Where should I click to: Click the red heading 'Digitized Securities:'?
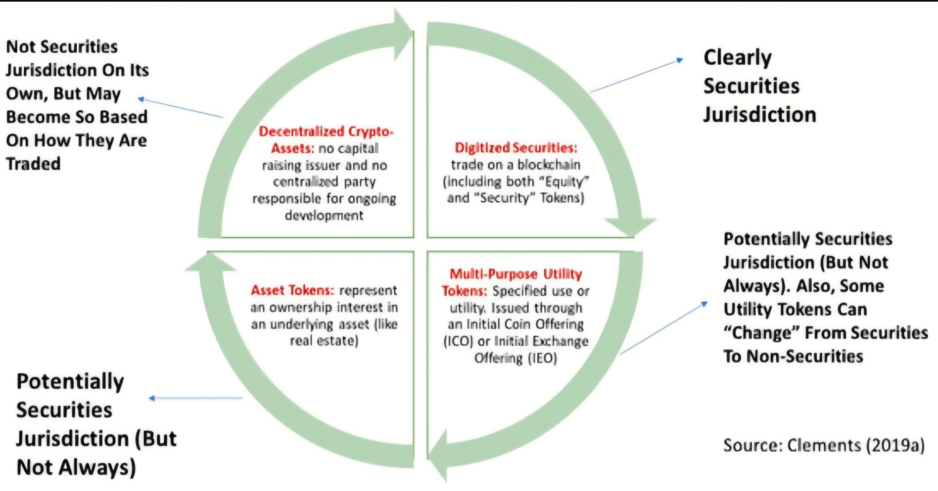516,148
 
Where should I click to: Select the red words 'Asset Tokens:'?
292,290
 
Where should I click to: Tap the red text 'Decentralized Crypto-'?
326,132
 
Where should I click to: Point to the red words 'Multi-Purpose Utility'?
515,274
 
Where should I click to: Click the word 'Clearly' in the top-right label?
737,58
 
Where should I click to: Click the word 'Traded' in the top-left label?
33,164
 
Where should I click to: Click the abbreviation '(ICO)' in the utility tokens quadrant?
458,342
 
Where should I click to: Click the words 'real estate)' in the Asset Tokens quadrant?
324,341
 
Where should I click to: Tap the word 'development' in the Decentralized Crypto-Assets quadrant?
324,216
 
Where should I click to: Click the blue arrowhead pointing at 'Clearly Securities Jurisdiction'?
680,60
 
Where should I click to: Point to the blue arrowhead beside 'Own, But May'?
141,100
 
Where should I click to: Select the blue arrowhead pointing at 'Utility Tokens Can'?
704,304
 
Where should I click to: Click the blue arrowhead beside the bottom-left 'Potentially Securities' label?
152,398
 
